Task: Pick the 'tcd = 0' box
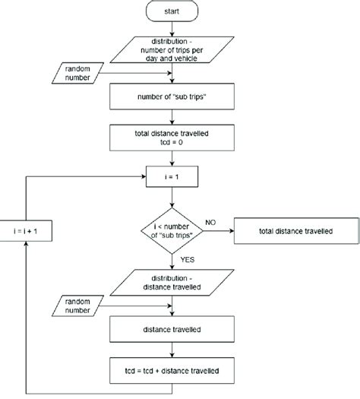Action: (174, 140)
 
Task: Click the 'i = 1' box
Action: (174, 180)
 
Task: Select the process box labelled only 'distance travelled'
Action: (174, 331)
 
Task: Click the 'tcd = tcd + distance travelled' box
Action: (174, 370)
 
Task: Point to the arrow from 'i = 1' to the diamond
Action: (174, 198)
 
